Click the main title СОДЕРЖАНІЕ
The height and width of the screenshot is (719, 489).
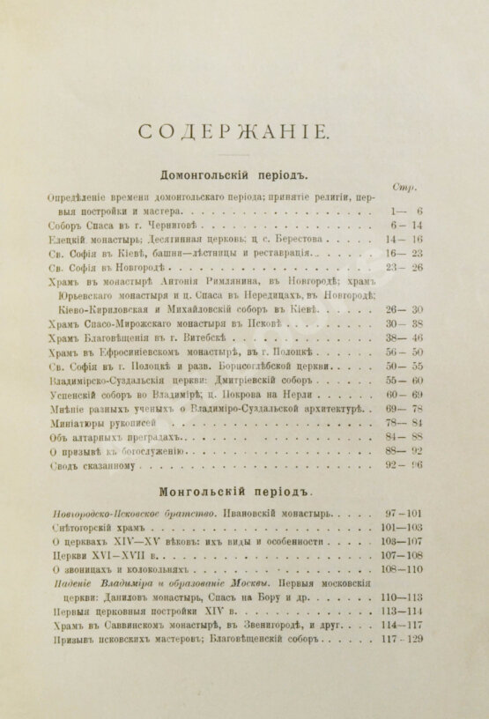[233, 133]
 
